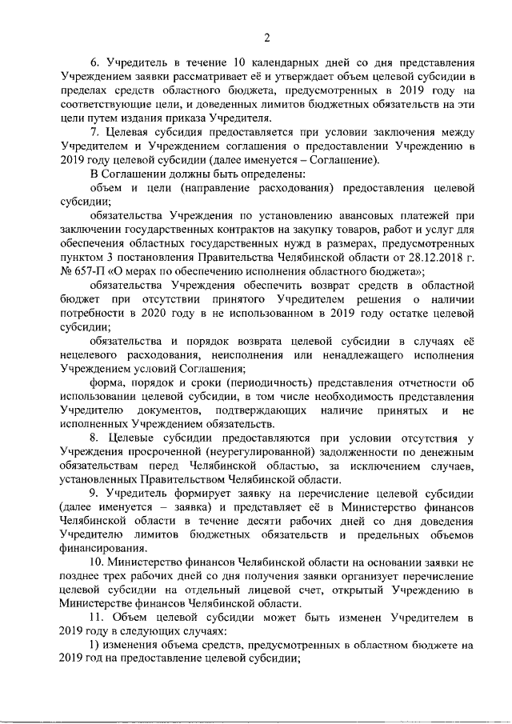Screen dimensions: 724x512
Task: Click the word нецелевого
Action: [x=94, y=354]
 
